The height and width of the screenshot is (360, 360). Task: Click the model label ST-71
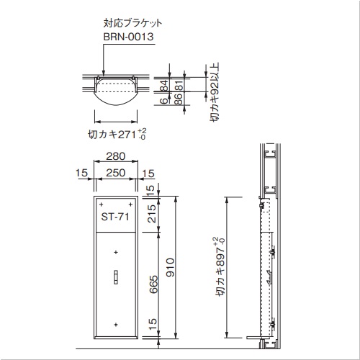(x=115, y=217)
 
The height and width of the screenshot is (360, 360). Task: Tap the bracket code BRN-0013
(x=128, y=37)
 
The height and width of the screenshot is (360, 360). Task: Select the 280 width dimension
(x=116, y=156)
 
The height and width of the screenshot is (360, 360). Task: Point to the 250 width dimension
(x=116, y=173)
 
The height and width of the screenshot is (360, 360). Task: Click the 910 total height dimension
(x=171, y=267)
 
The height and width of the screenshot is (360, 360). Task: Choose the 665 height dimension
(x=153, y=284)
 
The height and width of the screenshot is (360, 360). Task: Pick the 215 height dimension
(x=152, y=214)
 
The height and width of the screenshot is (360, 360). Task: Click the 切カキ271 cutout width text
(x=117, y=134)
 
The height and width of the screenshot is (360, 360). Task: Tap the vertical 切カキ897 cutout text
(x=220, y=266)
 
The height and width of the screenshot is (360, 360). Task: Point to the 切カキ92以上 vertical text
(x=215, y=92)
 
